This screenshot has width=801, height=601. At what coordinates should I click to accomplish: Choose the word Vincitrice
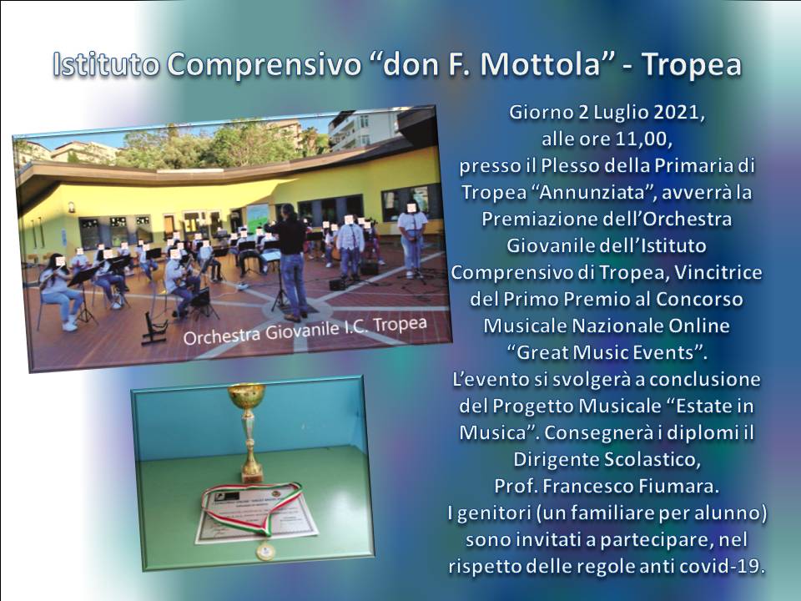tap(718, 272)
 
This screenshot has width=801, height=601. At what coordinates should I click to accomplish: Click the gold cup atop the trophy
tap(247, 395)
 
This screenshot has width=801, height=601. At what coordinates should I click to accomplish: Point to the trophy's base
tap(252, 477)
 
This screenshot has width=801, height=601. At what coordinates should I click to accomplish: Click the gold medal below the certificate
tap(265, 550)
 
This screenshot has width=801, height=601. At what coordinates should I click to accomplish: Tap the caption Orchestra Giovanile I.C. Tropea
tap(305, 331)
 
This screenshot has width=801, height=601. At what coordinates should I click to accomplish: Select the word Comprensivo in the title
tap(264, 64)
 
